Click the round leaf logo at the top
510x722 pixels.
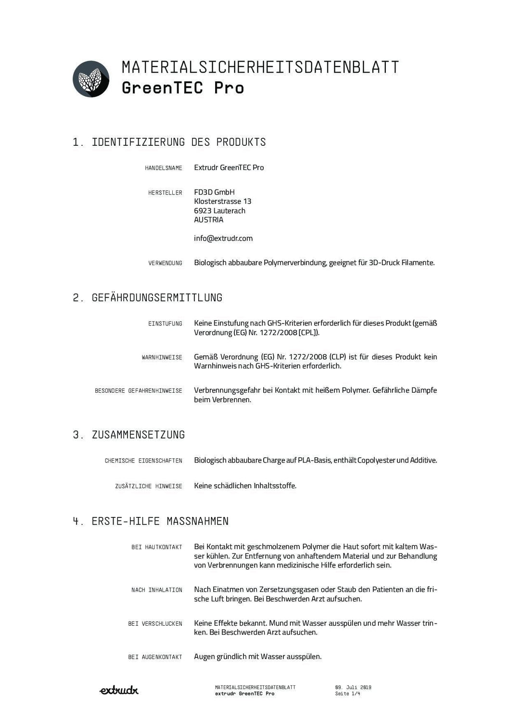pos(91,79)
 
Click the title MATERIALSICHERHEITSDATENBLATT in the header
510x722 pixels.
pos(260,67)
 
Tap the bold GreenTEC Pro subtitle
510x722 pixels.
pos(183,88)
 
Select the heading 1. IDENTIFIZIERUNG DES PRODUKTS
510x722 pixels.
pos(169,142)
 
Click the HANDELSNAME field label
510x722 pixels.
pos(164,168)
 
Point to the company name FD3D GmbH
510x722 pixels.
pos(214,192)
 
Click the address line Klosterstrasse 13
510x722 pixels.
pos(222,201)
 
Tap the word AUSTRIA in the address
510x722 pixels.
pos(208,219)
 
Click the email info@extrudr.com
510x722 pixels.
pos(223,238)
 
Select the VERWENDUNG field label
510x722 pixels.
pos(165,263)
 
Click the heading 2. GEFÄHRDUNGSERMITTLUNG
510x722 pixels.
pos(148,298)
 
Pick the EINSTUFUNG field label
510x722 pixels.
pos(165,323)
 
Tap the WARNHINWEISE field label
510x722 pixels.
pos(162,357)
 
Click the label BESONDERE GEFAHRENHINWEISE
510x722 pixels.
pos(139,391)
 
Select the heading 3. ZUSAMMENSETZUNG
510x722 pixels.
pos(129,435)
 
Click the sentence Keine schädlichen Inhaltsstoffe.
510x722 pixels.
pos(245,486)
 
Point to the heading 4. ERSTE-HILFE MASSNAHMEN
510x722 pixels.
pos(151,521)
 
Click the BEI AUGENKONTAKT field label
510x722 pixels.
pos(155,657)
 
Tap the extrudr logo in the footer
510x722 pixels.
pos(119,690)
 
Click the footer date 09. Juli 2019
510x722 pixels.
pos(353,687)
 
